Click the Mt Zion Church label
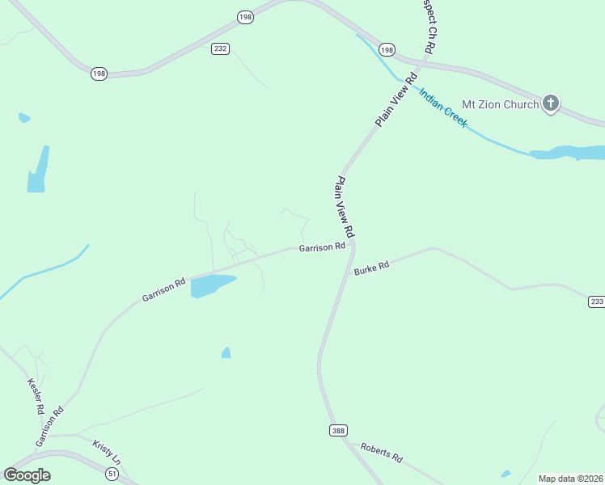coord(499,104)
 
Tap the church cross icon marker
coord(551,103)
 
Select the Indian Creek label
coord(442,107)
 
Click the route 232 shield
coord(220,48)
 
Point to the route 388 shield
coord(338,431)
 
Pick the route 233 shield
coord(596,302)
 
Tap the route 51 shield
coord(112,474)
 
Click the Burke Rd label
coord(372,267)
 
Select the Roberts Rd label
coord(382,452)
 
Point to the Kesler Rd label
coord(36,396)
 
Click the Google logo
coord(27,475)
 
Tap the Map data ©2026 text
coord(571,479)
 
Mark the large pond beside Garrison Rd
coord(211,285)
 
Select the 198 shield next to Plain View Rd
coord(387,50)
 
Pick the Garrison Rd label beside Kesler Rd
coord(49,427)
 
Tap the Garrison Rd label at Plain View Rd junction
coord(322,247)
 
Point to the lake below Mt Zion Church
coord(566,153)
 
